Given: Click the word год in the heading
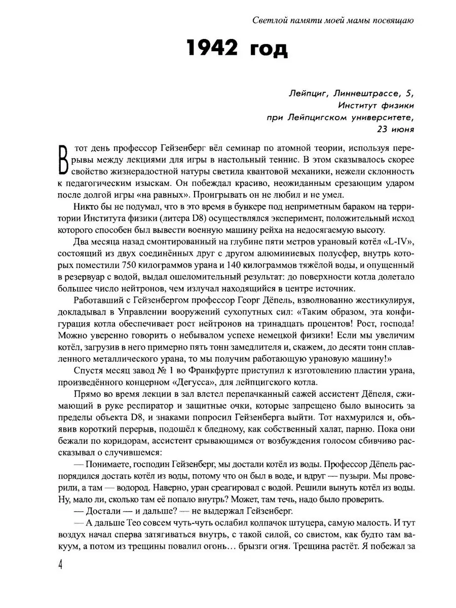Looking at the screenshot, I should (269, 50).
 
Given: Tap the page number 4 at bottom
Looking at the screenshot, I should (60, 580).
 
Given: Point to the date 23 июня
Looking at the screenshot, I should (395, 129).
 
